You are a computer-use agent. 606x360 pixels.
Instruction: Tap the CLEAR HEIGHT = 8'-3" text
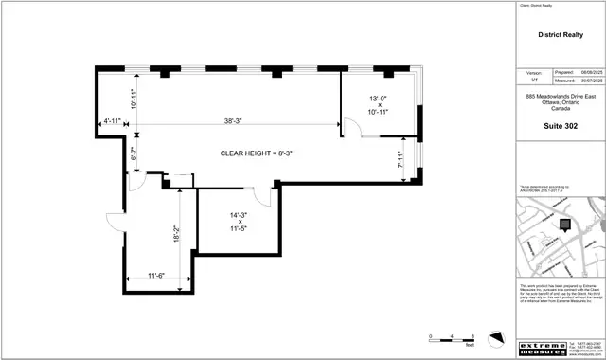255,153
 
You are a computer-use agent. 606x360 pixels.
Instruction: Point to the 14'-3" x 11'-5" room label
238,222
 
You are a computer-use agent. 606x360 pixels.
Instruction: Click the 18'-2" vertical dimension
176,231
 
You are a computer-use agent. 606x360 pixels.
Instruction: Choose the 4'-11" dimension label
113,121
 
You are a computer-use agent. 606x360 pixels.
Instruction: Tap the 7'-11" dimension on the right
400,161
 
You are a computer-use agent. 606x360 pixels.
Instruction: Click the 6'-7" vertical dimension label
134,153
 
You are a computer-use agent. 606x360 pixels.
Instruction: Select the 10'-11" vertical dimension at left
134,98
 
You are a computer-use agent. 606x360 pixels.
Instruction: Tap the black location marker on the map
565,225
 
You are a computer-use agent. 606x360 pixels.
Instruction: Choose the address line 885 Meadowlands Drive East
561,97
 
